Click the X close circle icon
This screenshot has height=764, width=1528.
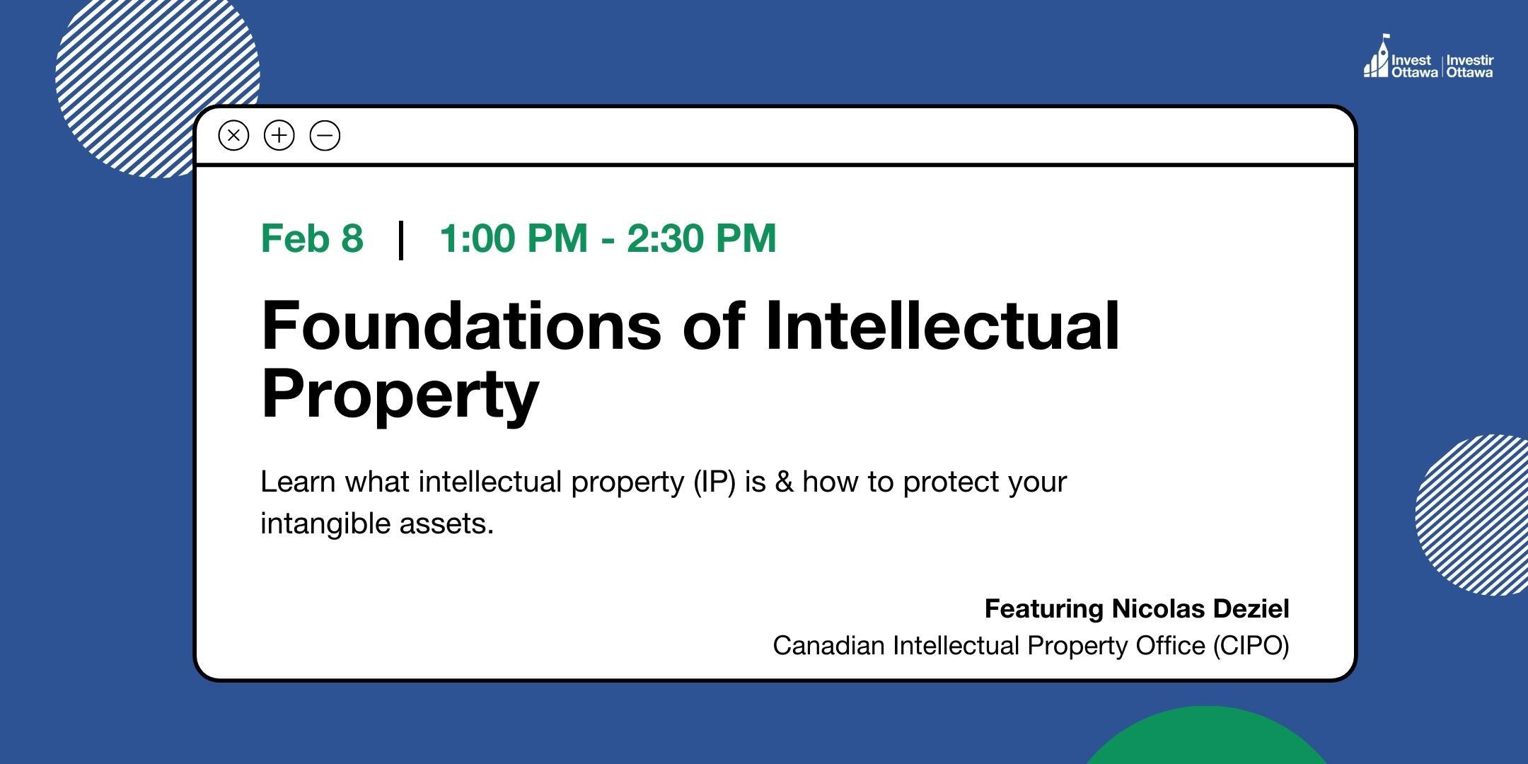tap(233, 135)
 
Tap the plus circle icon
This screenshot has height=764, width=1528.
tap(279, 135)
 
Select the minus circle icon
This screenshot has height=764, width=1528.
tap(325, 135)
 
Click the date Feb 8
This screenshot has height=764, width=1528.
tap(312, 238)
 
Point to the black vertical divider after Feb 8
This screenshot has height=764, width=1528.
tap(401, 240)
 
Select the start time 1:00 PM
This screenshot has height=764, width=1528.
tap(514, 238)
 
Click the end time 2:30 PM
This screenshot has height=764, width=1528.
tap(701, 238)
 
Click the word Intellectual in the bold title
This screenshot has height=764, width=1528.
tap(942, 326)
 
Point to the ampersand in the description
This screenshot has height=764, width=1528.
tap(784, 482)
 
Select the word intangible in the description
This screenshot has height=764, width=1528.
tap(325, 524)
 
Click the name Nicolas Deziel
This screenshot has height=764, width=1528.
tap(1200, 608)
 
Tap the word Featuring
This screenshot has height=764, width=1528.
tap(1044, 609)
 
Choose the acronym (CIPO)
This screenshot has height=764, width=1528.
tap(1251, 646)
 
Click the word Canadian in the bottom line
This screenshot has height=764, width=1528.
tap(828, 646)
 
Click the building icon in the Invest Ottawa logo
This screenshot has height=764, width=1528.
tap(1377, 58)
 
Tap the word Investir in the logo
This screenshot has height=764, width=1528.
tap(1470, 61)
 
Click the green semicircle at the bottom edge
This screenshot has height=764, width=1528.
tap(1206, 739)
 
